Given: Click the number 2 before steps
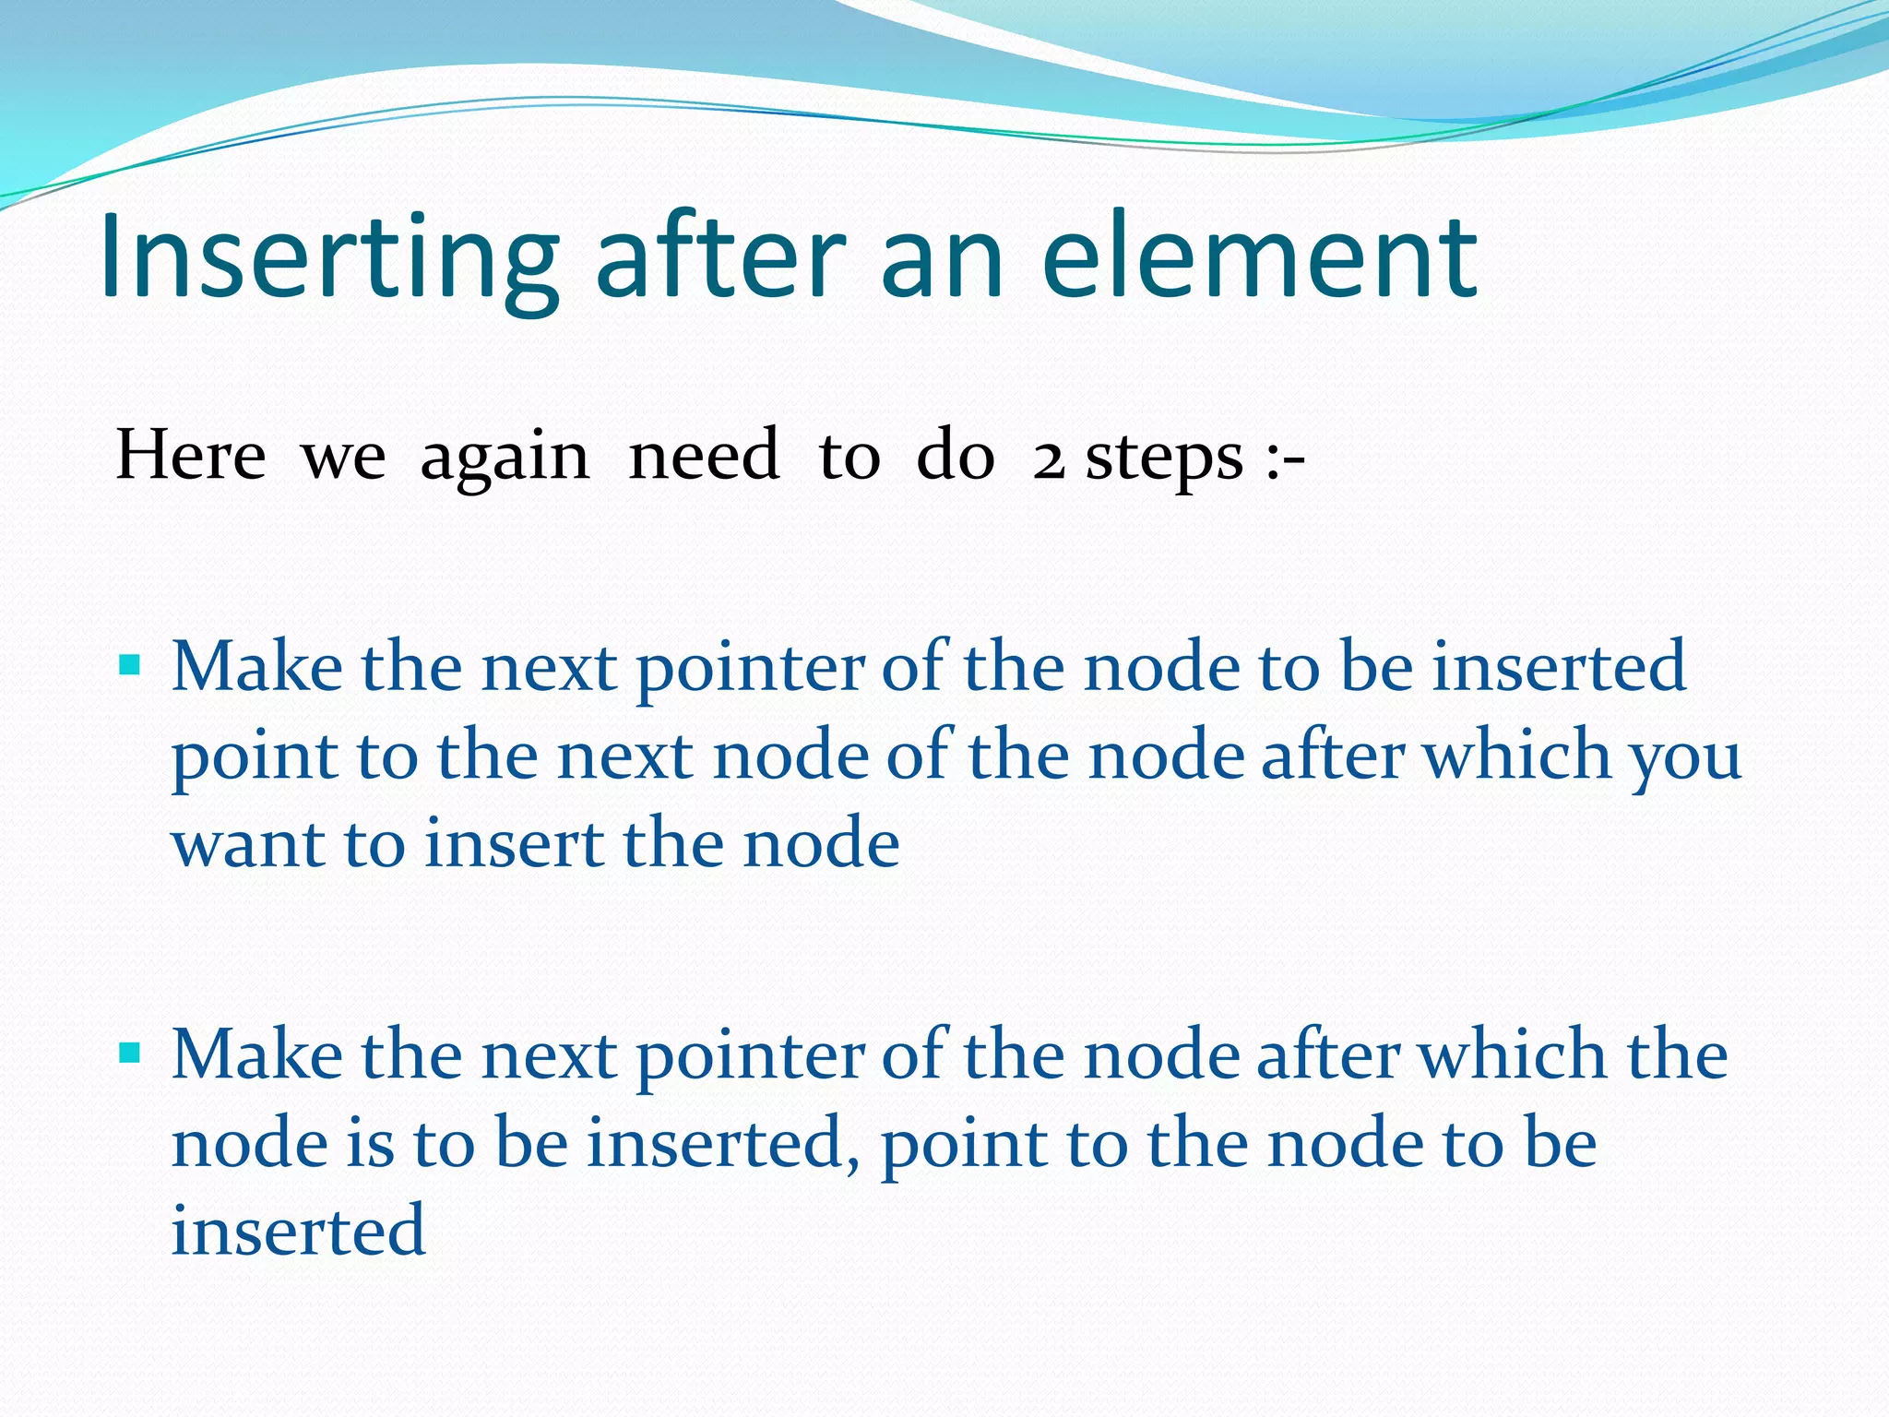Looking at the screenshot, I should click(1049, 458).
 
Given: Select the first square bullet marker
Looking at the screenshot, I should click(130, 665).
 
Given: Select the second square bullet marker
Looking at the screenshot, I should click(130, 1053).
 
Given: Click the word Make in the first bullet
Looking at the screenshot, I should click(257, 666).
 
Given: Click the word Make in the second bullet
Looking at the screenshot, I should click(257, 1054).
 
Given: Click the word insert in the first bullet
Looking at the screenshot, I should click(513, 843).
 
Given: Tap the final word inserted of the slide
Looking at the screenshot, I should click(298, 1231).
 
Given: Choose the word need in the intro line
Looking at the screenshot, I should click(704, 456).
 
